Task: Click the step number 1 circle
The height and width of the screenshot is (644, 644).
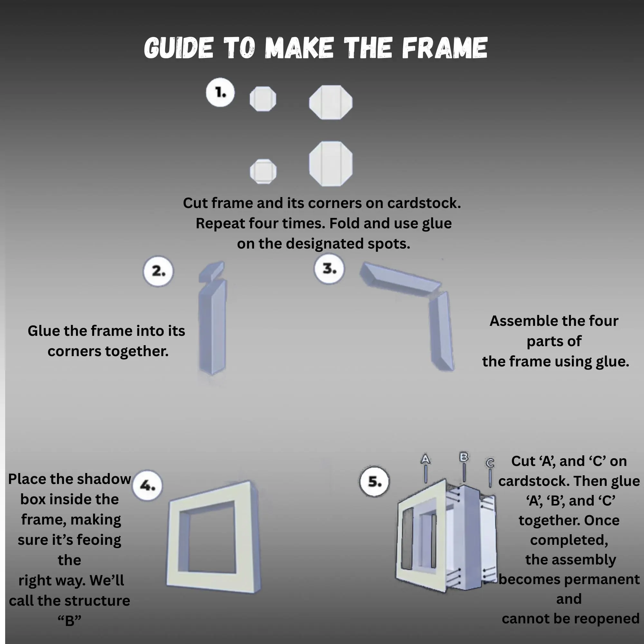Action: click(220, 92)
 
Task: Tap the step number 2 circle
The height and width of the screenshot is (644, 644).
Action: click(158, 271)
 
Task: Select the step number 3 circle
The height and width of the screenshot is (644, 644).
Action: click(329, 269)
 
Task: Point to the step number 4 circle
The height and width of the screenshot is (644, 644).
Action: click(147, 486)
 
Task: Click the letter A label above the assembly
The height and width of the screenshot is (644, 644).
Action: click(425, 459)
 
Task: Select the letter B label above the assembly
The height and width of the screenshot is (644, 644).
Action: click(464, 457)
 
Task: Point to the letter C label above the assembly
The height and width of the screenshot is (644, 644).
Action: click(490, 463)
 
